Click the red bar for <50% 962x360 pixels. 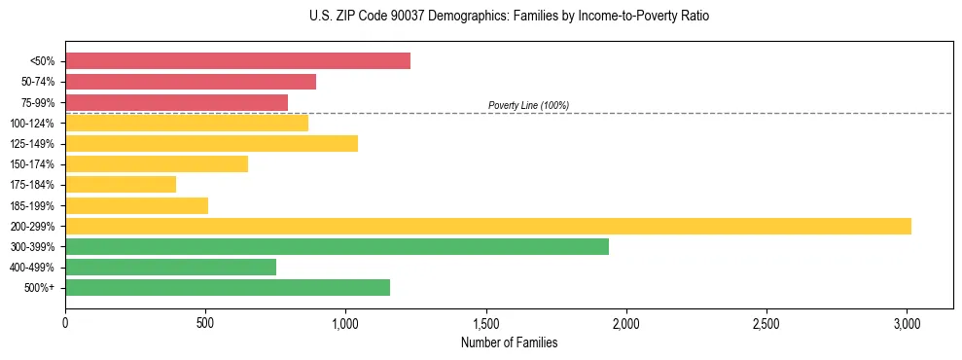click(237, 61)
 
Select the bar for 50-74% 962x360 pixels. click(191, 82)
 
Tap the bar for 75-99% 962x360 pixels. click(176, 102)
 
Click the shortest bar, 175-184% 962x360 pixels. click(121, 184)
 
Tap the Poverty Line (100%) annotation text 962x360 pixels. click(528, 105)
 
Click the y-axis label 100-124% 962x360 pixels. click(32, 124)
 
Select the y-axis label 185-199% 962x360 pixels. click(32, 206)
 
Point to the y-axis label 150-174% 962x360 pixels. click(32, 164)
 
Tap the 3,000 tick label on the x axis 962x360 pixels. click(907, 322)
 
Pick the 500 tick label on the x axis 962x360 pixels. click(205, 322)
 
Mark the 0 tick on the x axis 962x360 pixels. click(65, 322)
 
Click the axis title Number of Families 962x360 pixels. click(509, 342)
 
